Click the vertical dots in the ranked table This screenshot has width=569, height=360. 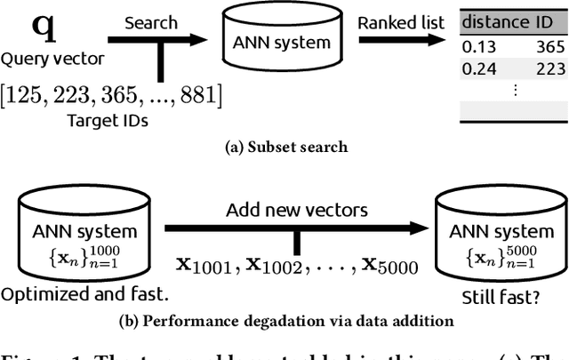[515, 90]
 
